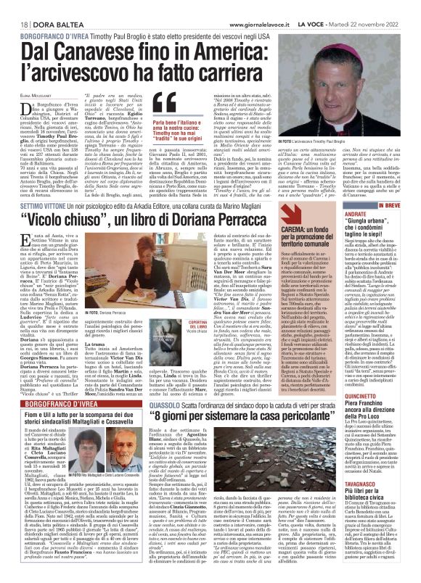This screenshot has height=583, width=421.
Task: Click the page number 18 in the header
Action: click(15, 7)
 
